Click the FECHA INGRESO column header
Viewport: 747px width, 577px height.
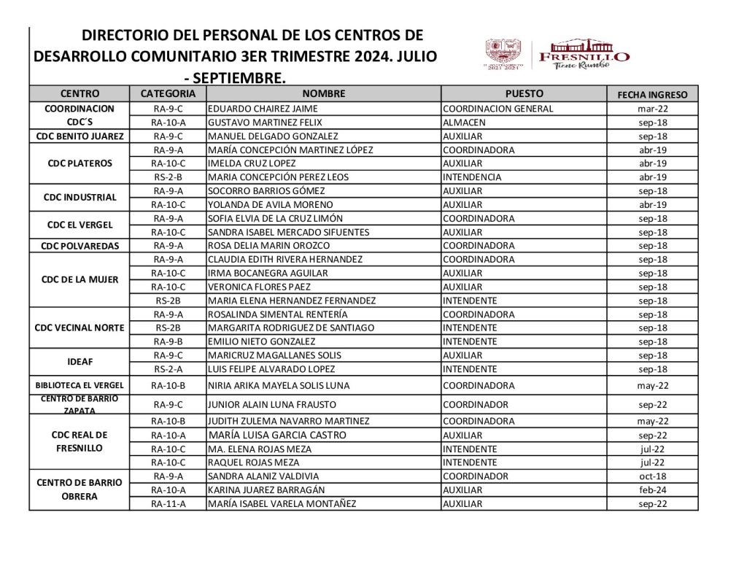[x=652, y=94]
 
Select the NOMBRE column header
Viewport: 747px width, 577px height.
[x=323, y=93]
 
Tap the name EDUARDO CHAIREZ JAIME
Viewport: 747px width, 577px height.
[x=253, y=109]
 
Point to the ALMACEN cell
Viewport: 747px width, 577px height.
[x=463, y=123]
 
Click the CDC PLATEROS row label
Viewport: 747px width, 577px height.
[x=80, y=163]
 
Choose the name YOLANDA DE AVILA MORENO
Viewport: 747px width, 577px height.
[x=271, y=204]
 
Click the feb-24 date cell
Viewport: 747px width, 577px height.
[x=652, y=489]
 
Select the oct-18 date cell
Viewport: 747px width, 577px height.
[x=652, y=476]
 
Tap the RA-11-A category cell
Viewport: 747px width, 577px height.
[x=169, y=503]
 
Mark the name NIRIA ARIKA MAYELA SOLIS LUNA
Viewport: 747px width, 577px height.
[x=279, y=385]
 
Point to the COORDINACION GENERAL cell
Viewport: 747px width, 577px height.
[x=498, y=109]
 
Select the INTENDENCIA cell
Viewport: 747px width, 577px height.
[x=472, y=177]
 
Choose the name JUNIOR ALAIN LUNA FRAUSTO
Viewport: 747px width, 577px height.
[x=269, y=404]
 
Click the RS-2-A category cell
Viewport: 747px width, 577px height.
[x=169, y=369]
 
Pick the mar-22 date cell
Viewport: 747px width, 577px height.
[x=652, y=109]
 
